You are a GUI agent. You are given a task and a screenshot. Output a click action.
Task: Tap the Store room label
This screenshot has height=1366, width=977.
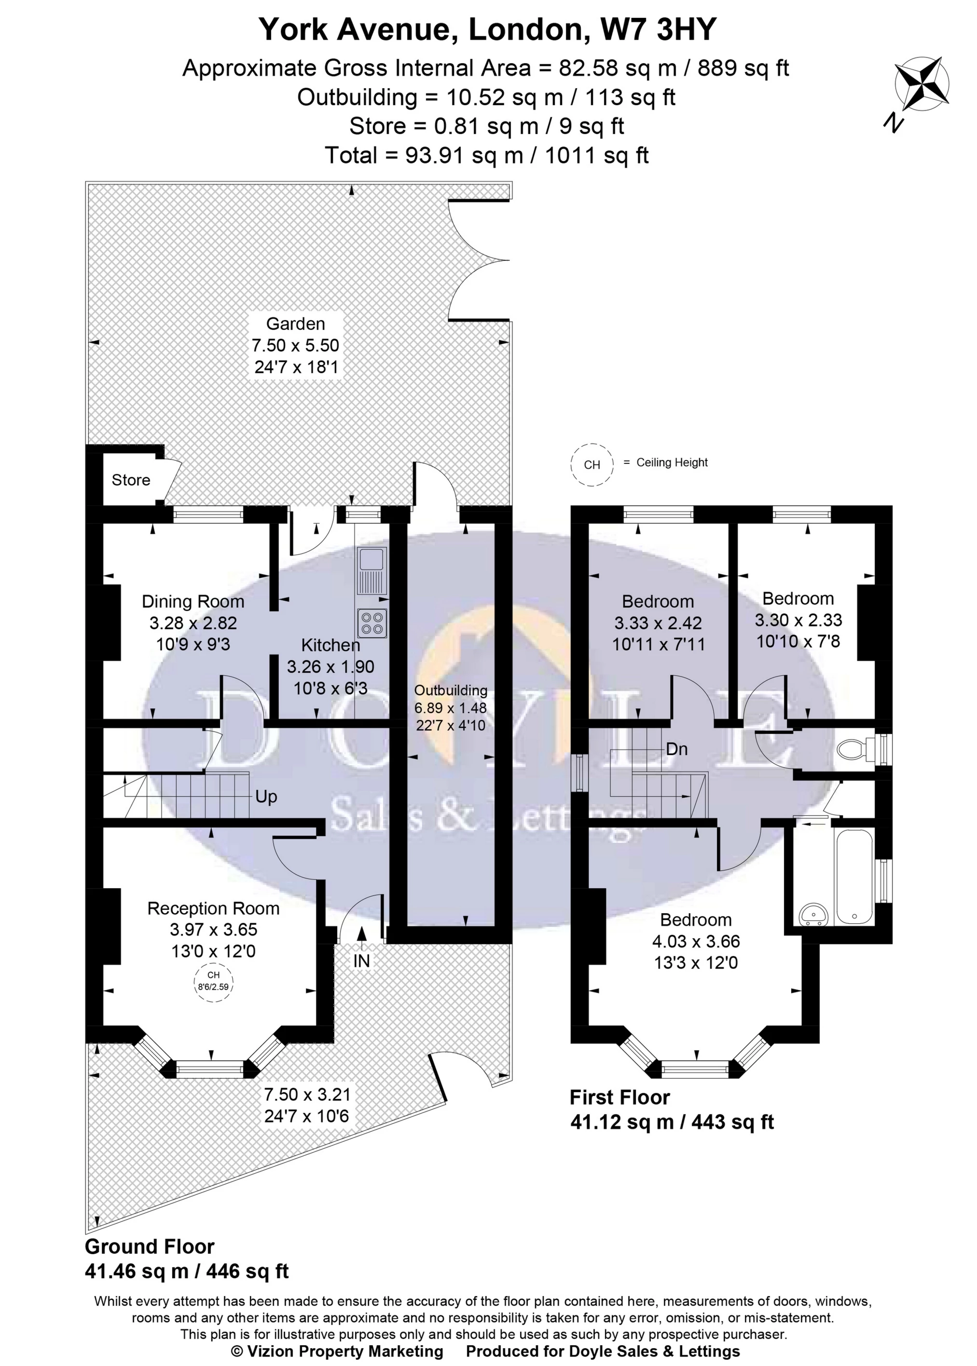[x=131, y=480]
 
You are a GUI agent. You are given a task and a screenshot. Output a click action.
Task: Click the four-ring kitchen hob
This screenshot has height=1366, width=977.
[x=372, y=622]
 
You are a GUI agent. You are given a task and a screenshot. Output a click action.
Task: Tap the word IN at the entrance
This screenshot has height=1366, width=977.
[x=361, y=961]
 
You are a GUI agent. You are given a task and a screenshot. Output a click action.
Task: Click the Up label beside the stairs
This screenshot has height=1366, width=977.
[x=266, y=797]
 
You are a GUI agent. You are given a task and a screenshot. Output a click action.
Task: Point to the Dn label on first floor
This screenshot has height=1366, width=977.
[x=677, y=749]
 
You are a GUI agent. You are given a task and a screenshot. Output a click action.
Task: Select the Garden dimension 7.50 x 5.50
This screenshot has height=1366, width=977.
[x=295, y=345]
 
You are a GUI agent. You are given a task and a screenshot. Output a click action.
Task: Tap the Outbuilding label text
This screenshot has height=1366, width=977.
[x=451, y=691]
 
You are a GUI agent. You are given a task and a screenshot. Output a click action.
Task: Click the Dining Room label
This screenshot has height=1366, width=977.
[x=193, y=601]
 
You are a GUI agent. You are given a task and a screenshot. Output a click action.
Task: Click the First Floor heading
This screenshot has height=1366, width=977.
[x=619, y=1097]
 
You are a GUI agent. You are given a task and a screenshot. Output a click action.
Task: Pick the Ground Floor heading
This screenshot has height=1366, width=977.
[x=149, y=1246]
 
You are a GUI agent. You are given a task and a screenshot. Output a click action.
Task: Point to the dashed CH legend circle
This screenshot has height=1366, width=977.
[x=592, y=465]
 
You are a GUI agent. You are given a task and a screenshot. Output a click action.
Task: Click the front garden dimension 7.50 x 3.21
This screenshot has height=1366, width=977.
[x=306, y=1094]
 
